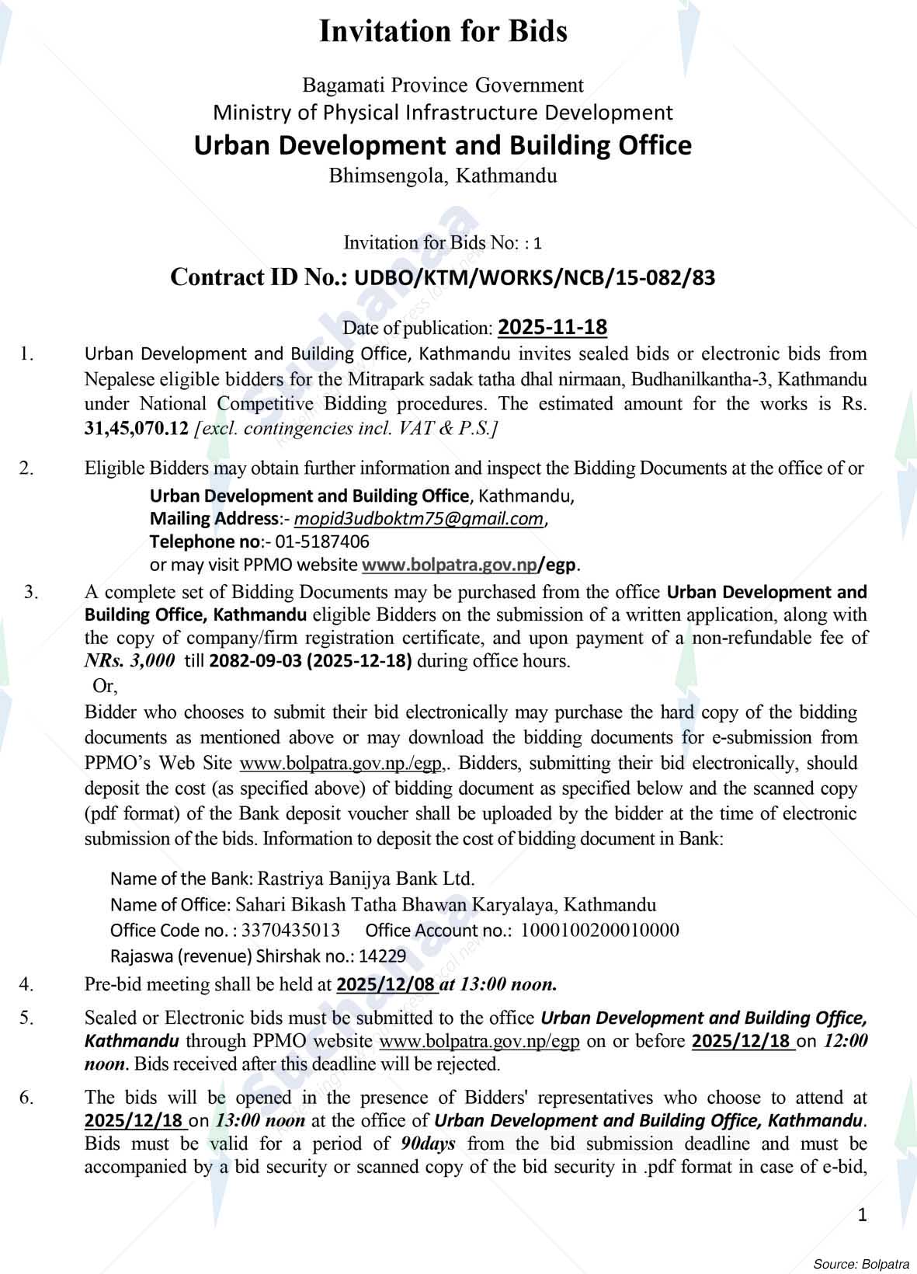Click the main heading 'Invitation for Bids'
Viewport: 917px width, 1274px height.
(x=443, y=32)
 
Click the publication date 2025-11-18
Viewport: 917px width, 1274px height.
(x=552, y=327)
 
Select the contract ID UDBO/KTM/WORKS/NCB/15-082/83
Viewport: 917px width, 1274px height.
(x=534, y=278)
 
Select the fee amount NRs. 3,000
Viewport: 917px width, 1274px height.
(x=129, y=661)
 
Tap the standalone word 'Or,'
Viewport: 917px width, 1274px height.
(x=105, y=686)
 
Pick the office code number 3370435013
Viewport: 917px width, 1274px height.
(x=290, y=930)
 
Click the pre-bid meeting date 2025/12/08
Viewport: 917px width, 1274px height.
(x=385, y=985)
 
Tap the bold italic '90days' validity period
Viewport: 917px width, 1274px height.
(x=429, y=1143)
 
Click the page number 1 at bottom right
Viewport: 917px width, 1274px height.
(x=862, y=1215)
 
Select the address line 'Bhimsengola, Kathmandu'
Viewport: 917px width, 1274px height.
(x=443, y=176)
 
